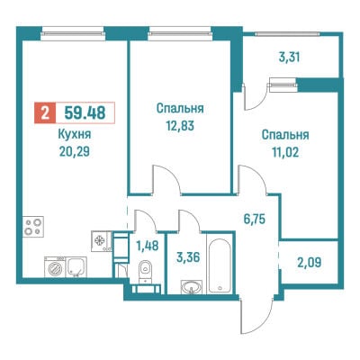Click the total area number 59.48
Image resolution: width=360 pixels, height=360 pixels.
point(85,113)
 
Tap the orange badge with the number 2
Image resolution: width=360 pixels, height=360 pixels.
point(45,113)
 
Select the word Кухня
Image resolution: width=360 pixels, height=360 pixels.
point(75,135)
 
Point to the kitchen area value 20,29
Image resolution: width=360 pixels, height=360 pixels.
point(75,152)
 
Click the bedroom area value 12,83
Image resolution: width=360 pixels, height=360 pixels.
point(180,126)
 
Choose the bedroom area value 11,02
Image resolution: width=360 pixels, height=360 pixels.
point(285,152)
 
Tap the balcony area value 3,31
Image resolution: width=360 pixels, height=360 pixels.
point(289,57)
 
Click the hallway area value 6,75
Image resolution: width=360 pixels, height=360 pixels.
point(254,219)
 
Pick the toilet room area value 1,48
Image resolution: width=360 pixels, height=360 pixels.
point(147,246)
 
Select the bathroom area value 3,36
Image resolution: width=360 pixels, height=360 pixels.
point(188,257)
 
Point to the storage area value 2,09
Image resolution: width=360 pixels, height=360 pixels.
point(310,263)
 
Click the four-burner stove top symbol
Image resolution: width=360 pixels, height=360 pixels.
point(33,227)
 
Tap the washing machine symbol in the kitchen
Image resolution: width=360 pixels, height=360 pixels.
point(55,266)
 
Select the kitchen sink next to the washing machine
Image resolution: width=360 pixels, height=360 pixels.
point(76,266)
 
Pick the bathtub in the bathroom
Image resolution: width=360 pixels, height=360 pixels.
point(220,265)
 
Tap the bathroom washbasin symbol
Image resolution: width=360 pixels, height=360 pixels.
point(192,287)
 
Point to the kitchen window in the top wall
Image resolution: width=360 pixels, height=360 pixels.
point(73,33)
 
